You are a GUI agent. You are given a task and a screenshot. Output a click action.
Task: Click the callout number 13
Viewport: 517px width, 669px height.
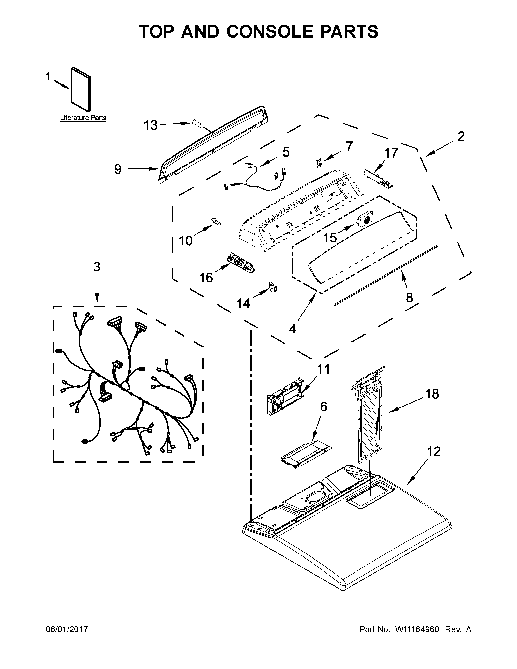[150, 125]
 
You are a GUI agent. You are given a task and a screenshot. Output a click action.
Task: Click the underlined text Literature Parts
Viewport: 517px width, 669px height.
[83, 118]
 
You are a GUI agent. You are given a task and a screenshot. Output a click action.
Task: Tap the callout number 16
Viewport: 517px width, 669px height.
[206, 278]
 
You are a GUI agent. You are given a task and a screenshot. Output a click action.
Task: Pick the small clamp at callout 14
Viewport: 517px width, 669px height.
[273, 287]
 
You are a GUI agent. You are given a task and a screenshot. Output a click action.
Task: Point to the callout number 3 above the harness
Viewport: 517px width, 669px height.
[97, 267]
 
